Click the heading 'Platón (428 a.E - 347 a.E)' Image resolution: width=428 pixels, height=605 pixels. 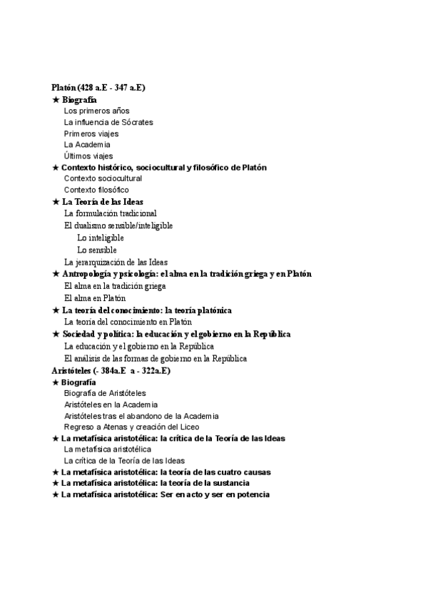(x=98, y=88)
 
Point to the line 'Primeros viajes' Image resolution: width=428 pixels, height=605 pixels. (x=91, y=133)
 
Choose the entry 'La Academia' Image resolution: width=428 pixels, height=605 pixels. (x=87, y=145)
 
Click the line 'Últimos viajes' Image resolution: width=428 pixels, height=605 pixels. (x=88, y=156)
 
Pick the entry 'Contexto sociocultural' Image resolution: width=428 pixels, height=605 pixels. (x=103, y=178)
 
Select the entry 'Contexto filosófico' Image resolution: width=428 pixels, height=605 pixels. (x=96, y=190)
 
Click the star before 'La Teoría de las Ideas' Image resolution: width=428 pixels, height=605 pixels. (x=56, y=202)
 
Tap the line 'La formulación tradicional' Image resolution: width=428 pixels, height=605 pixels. (x=111, y=213)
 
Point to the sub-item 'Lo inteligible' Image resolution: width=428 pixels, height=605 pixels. (x=101, y=238)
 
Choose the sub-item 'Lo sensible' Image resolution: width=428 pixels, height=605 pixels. (x=97, y=250)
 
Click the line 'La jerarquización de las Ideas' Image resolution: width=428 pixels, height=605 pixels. (x=116, y=262)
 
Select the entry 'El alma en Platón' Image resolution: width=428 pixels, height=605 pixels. (x=95, y=298)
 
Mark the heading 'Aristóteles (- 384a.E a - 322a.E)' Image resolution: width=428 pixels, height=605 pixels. (x=111, y=371)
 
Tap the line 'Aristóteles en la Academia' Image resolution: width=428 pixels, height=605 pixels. (x=111, y=405)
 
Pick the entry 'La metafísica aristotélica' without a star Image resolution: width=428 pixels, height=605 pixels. (x=108, y=449)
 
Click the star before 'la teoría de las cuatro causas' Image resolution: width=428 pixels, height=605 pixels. (x=56, y=472)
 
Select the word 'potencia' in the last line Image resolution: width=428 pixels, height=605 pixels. (x=252, y=494)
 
